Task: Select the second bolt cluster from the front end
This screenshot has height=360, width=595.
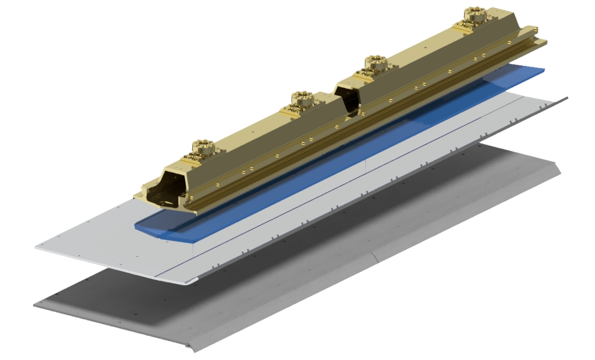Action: tap(303, 100)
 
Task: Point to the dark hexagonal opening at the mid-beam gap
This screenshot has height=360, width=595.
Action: tap(351, 101)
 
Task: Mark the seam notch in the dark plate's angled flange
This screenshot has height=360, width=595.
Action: tap(375, 258)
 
